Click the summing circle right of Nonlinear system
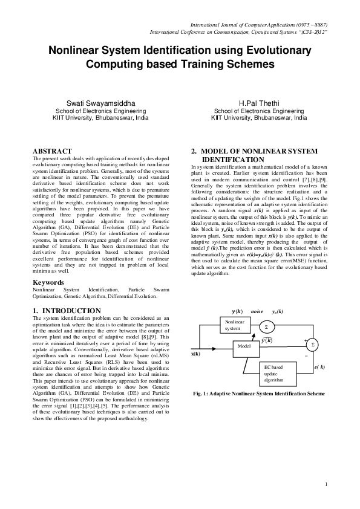266,326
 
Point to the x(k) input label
196,354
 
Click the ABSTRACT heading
52,151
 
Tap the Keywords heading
48,283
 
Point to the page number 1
326,484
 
